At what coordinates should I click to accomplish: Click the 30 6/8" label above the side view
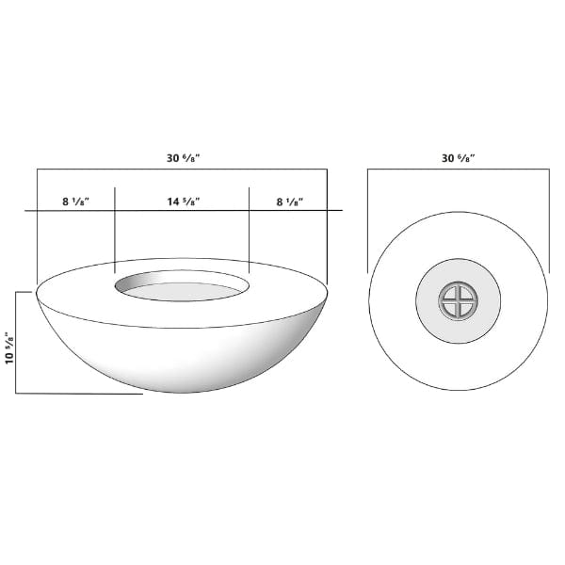point(183,158)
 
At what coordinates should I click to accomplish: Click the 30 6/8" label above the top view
point(459,158)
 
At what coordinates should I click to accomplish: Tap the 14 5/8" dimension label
point(184,202)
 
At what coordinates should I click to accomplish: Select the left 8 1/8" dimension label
point(75,202)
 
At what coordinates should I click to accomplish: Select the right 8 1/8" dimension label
point(290,202)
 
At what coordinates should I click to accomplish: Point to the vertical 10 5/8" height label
point(9,347)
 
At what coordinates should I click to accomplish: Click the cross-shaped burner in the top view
point(459,301)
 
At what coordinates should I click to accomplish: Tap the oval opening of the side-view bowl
point(182,285)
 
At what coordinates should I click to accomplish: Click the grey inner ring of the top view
point(459,301)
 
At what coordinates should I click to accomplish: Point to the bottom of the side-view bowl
point(183,392)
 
